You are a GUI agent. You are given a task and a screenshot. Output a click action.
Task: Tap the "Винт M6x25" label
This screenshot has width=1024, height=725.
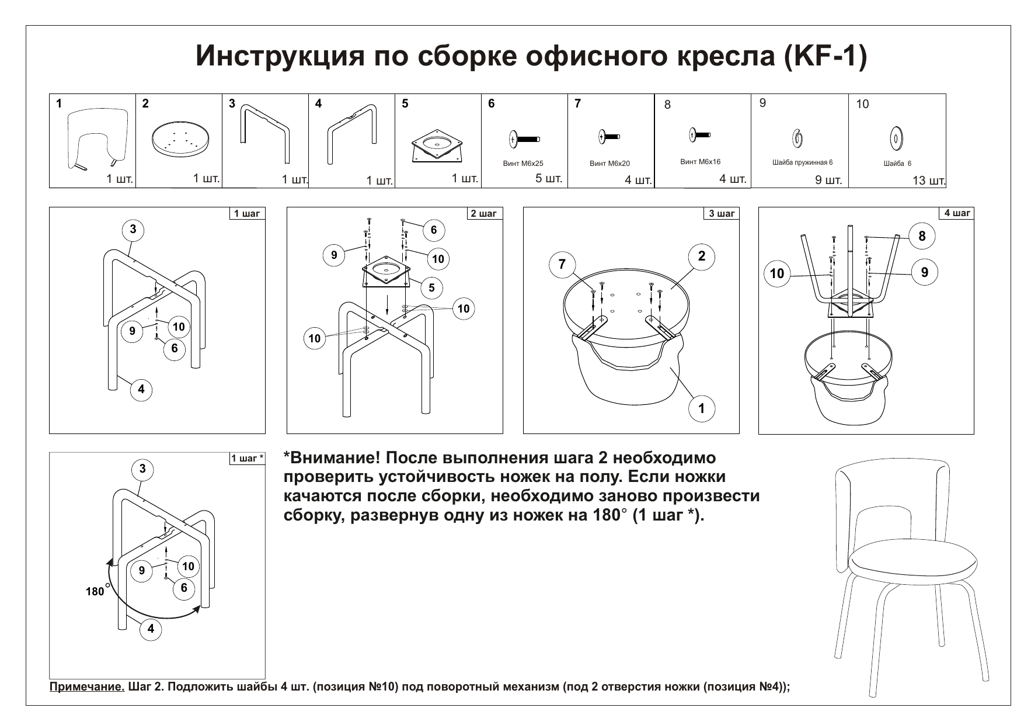coord(523,164)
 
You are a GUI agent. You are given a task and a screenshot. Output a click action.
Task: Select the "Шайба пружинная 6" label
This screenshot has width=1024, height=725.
coord(802,162)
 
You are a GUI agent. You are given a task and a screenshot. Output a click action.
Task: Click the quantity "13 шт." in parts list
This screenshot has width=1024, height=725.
coord(928,181)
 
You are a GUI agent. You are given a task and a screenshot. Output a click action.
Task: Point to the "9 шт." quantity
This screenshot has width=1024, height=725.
coord(828,180)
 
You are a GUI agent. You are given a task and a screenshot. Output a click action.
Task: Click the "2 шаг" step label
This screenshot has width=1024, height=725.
coord(484,214)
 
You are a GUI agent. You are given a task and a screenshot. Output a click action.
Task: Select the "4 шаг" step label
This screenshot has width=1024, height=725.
coord(957,213)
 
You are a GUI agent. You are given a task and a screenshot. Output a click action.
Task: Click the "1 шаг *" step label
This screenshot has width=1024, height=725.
coord(248,459)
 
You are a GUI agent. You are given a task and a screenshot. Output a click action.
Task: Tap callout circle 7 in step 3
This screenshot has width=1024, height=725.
coord(562,264)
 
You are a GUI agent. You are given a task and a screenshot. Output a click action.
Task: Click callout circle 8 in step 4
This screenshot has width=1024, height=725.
coord(922,236)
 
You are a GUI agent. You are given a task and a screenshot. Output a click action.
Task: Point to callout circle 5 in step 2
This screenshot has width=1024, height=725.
coord(431,287)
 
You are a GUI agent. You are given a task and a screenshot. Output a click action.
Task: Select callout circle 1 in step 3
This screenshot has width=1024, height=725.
coord(701,408)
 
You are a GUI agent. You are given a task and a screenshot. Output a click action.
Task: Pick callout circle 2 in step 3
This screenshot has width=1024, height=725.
coord(701,256)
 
